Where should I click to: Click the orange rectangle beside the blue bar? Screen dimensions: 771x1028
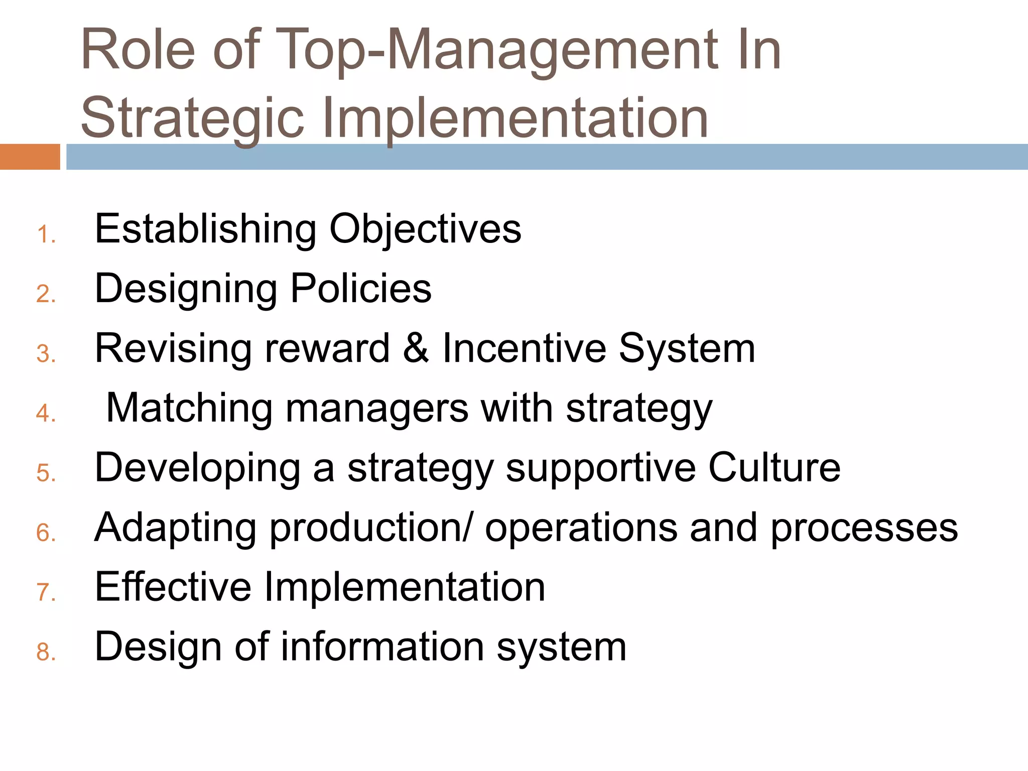[30, 157]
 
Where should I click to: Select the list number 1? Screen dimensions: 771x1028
[46, 235]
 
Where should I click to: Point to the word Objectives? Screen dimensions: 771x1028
[425, 229]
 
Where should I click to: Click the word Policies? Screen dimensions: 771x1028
[361, 289]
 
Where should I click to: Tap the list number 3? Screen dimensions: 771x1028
[46, 354]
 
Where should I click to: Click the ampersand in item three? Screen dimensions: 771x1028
[416, 348]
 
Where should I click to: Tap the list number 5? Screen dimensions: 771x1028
[46, 473]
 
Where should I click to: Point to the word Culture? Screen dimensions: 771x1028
[774, 467]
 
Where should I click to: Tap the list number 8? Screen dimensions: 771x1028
[46, 652]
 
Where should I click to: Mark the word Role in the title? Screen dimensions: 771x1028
[138, 50]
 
